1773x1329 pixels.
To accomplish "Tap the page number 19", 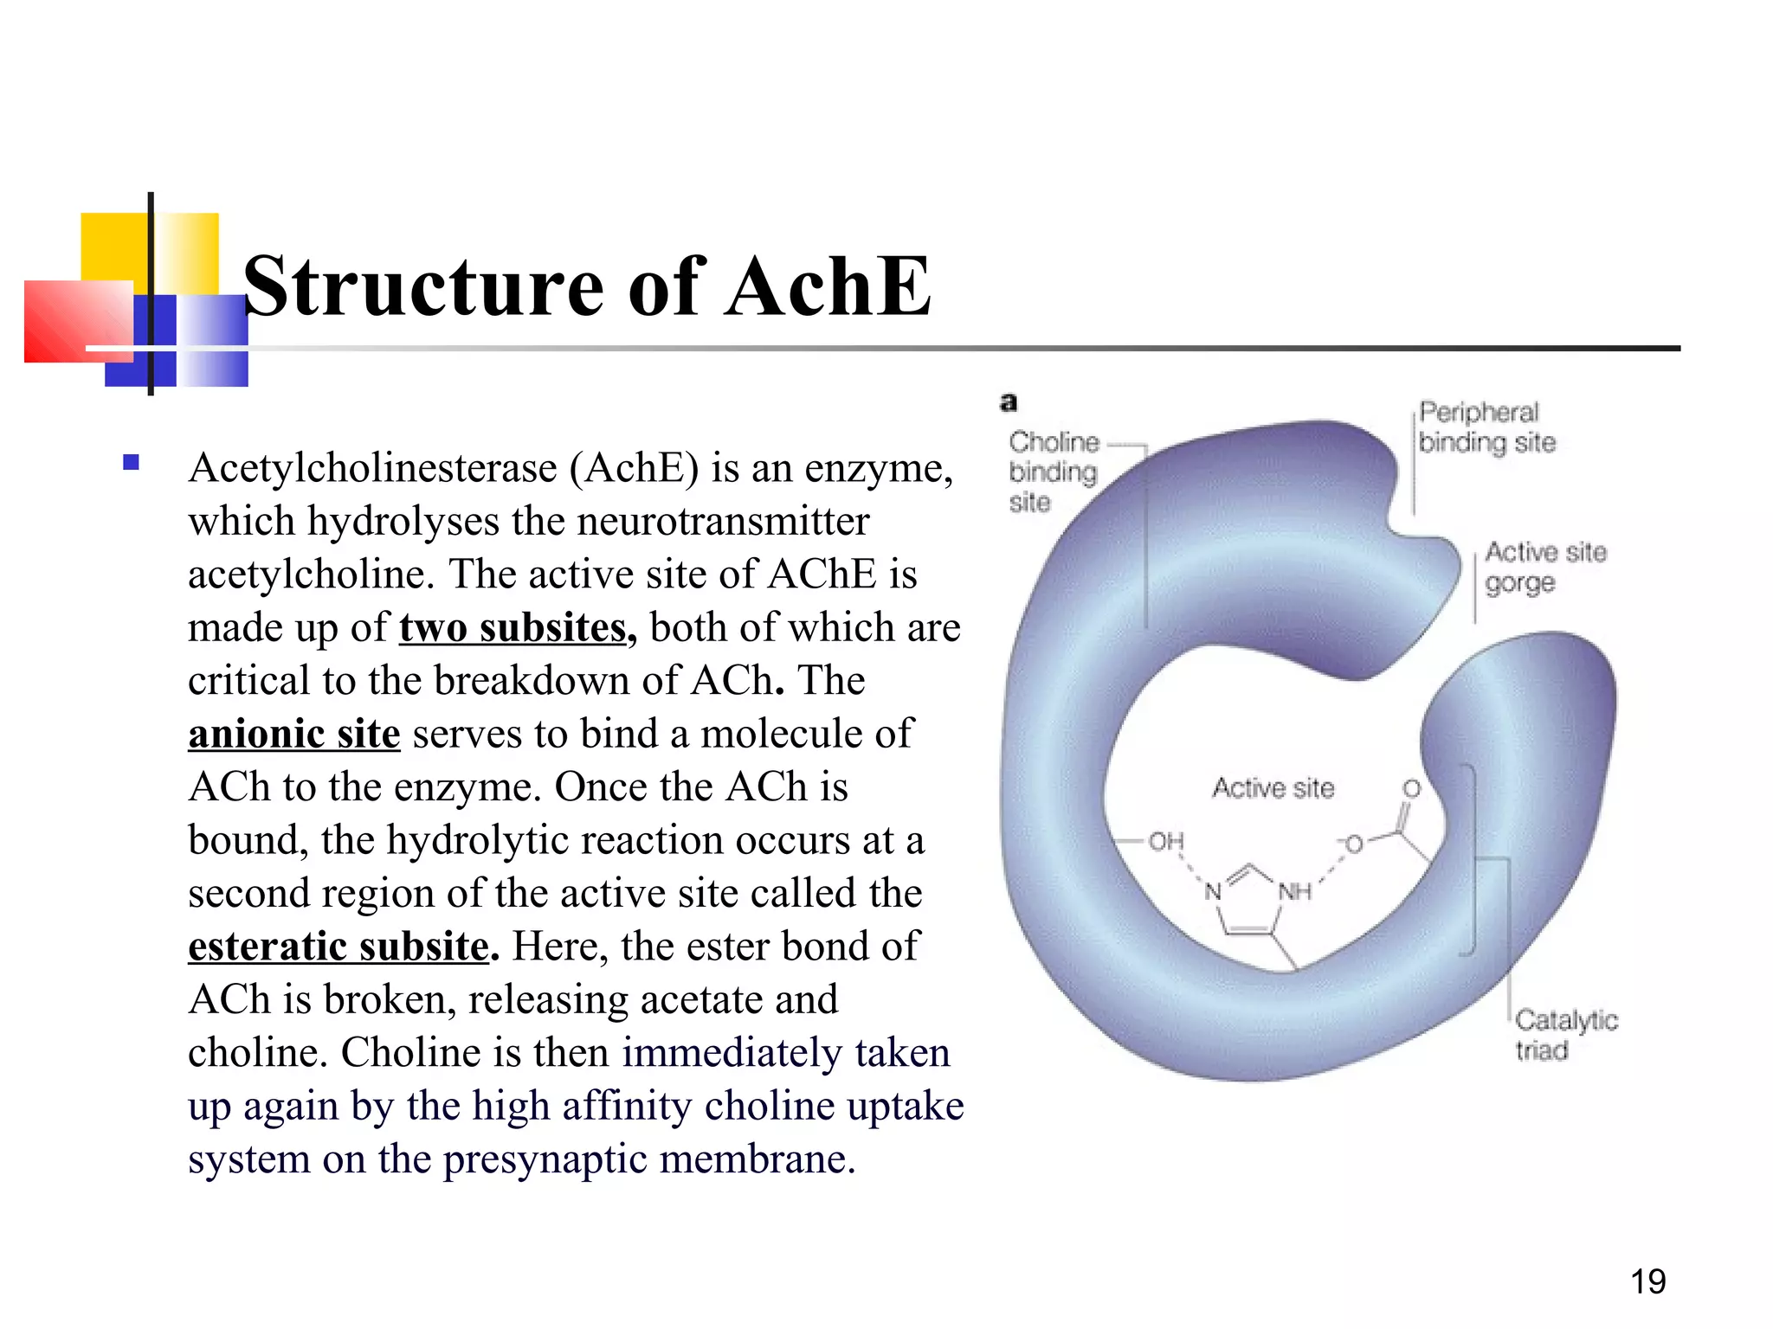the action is point(1647,1281).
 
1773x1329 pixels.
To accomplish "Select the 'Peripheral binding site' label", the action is point(1486,427).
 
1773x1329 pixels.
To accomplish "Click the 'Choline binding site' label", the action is point(1053,472).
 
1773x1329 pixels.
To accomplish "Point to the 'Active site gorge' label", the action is point(1544,567).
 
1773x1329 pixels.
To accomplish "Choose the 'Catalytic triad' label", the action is point(1565,1034).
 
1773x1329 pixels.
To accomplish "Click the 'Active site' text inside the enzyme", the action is point(1273,788).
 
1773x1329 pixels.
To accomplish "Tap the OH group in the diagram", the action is point(1165,841).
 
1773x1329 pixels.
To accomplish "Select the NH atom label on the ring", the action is point(1294,890).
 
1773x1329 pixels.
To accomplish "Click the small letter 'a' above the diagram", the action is point(1009,402).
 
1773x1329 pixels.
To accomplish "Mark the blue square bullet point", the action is point(132,462).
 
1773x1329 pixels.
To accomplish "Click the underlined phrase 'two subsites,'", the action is point(517,627).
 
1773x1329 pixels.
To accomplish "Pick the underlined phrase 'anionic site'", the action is point(294,734).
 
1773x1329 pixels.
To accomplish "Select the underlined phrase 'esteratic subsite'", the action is point(339,947).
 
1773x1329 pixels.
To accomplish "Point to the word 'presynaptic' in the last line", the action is point(545,1159).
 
